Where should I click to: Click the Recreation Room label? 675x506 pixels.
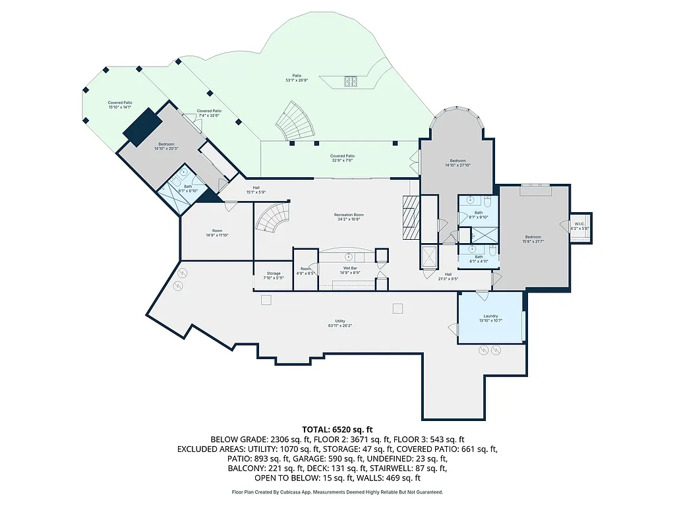tap(349, 215)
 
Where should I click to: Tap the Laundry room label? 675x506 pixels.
tap(490, 316)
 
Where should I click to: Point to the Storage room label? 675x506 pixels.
tap(274, 273)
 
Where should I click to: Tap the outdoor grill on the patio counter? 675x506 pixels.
tap(349, 82)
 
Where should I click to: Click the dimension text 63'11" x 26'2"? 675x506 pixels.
tap(336, 325)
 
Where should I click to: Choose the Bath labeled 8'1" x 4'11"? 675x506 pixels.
tap(479, 259)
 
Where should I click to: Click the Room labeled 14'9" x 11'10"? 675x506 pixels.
tap(217, 231)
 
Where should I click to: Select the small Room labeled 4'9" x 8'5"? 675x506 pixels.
tap(305, 269)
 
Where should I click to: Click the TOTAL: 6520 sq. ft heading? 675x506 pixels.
tap(337, 428)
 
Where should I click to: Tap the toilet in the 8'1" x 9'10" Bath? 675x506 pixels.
tap(486, 199)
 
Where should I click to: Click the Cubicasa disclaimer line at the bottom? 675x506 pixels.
tap(337, 492)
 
